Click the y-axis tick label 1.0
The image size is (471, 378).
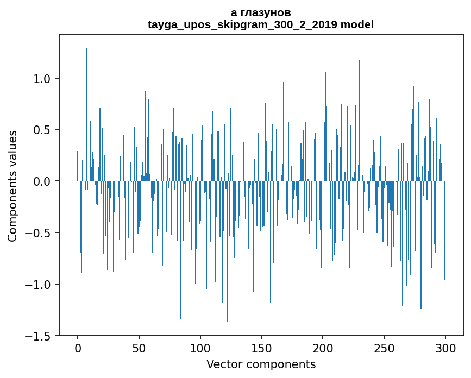click(x=42, y=79)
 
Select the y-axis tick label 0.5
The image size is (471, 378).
click(x=42, y=130)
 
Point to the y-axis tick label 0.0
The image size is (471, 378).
click(x=42, y=181)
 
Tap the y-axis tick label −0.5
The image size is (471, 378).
click(x=39, y=233)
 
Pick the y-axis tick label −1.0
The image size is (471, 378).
click(x=39, y=285)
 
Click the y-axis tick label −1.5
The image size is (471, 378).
click(x=39, y=336)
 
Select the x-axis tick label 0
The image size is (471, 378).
click(x=78, y=348)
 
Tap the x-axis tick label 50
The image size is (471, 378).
click(x=139, y=348)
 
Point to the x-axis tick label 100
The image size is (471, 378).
click(x=200, y=348)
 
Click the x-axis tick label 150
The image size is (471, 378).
click(x=262, y=348)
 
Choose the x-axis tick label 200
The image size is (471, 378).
click(x=323, y=348)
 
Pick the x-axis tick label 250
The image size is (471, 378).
click(x=384, y=348)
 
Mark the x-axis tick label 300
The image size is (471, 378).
click(x=445, y=348)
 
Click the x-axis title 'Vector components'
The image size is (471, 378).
click(x=261, y=364)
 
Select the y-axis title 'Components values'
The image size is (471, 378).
click(x=12, y=186)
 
